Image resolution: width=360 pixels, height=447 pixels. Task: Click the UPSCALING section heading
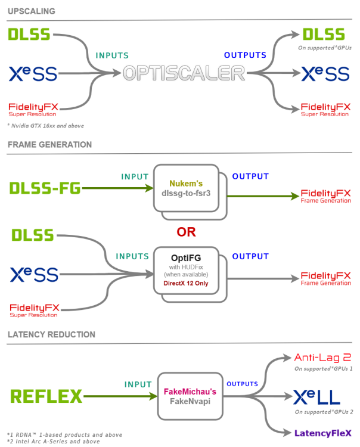pos(31,11)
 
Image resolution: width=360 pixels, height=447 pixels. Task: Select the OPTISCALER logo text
pos(184,73)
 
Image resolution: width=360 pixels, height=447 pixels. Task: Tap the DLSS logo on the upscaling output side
pos(323,34)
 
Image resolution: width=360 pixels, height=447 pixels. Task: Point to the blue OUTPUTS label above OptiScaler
pos(245,55)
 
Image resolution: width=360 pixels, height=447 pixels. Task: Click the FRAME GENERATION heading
pos(49,145)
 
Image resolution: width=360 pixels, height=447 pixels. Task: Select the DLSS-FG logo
pos(45,188)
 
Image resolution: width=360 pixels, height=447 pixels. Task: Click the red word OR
pos(186,231)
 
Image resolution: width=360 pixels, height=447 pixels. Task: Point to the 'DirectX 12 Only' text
pos(187,284)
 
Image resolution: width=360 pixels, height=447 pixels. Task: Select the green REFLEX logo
pos(46,396)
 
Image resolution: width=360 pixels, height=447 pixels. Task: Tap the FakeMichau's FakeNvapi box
pos(190,396)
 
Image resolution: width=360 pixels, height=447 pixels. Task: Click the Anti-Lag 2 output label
pos(322,358)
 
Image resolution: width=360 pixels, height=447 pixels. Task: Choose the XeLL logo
pos(316,397)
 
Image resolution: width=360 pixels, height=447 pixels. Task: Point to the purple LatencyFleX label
pos(322,433)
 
